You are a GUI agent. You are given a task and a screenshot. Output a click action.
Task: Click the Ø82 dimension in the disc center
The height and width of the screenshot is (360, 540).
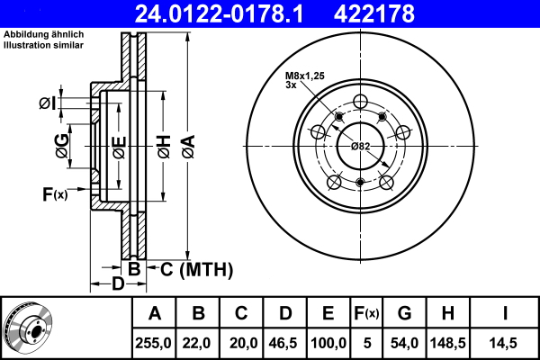tap(361, 146)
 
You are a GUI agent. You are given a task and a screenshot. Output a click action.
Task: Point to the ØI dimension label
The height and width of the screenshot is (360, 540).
tap(47, 103)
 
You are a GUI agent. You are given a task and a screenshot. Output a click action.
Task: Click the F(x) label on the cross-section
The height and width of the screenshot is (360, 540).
tap(54, 193)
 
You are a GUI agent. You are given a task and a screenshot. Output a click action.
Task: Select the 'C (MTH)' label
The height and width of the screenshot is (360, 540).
tap(197, 268)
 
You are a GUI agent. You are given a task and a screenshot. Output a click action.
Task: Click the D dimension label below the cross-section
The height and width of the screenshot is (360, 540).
tap(117, 285)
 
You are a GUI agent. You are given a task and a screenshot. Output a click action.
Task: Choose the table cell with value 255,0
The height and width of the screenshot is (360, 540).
tap(155, 343)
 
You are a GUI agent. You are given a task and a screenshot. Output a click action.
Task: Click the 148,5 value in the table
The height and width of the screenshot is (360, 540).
tap(447, 343)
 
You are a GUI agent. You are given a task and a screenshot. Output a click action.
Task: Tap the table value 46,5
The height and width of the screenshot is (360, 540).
tap(284, 343)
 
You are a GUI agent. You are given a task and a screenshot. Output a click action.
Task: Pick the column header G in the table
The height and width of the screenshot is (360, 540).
tap(404, 314)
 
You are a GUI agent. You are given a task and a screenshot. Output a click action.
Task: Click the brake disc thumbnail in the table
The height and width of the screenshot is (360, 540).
tap(28, 328)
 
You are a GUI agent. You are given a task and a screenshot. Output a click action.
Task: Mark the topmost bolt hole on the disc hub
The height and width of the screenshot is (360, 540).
tap(361, 101)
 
